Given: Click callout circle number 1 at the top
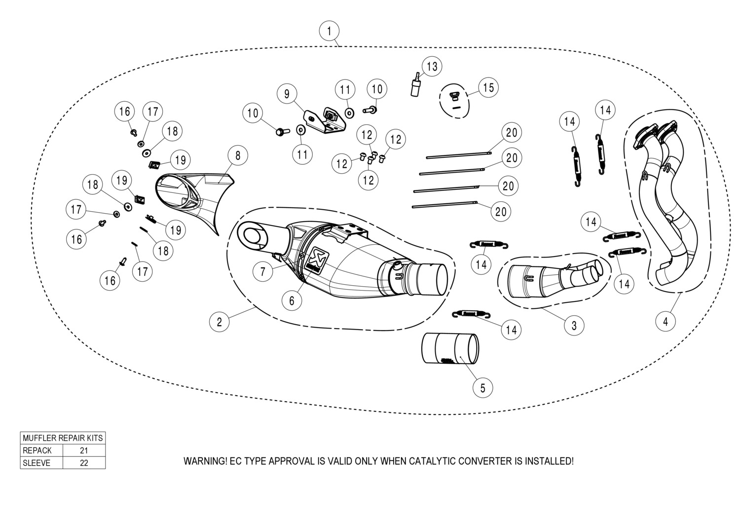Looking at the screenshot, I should (x=329, y=31).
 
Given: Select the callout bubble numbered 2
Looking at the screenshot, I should (x=219, y=322).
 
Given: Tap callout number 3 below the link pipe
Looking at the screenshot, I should (x=574, y=325).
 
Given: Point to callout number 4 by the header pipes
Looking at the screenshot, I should (x=666, y=321).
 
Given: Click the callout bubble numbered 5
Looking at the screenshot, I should (x=482, y=388).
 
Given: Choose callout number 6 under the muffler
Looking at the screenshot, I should (x=292, y=300).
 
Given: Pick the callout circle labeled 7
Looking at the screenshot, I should (x=263, y=271).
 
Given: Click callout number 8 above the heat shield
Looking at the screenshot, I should (x=238, y=156).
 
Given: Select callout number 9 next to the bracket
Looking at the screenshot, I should (x=287, y=93).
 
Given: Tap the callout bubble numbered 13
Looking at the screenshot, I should (x=432, y=66).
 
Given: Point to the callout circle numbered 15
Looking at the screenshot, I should (x=488, y=87).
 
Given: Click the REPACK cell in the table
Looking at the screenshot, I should (x=37, y=450).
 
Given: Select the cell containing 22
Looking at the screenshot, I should (x=84, y=463).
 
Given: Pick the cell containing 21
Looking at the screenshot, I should (x=84, y=450).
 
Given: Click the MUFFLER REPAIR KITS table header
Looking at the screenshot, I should (x=63, y=438).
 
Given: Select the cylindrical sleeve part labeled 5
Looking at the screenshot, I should (x=449, y=348).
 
